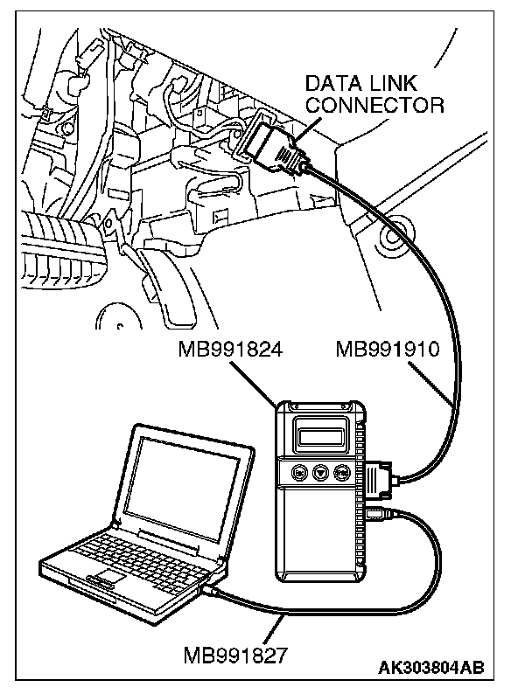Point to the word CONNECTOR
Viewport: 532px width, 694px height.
(x=374, y=106)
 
